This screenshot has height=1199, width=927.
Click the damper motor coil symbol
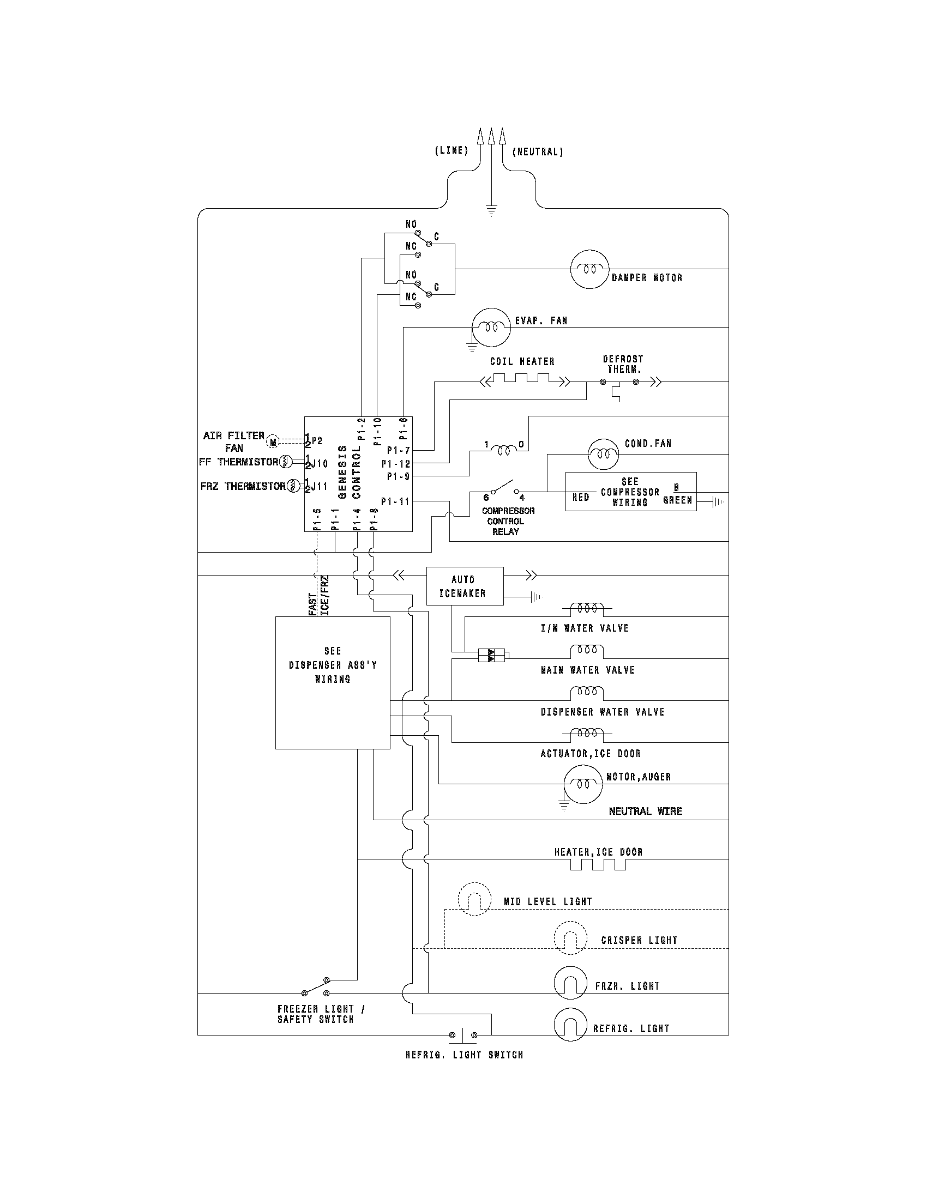590,269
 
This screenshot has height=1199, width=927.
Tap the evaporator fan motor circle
491,327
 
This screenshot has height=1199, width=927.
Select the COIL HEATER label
522,362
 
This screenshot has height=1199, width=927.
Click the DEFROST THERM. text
623,364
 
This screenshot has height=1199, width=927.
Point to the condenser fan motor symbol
606,454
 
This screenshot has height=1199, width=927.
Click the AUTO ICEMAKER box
465,586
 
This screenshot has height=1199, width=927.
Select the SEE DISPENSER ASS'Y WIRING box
332,682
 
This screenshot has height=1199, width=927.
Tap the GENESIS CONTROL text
350,472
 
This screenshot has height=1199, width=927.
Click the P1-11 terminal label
395,501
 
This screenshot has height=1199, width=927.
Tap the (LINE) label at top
452,150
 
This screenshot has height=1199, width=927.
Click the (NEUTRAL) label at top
538,152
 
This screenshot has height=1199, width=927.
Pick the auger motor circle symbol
583,784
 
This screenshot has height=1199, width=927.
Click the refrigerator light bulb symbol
570,1024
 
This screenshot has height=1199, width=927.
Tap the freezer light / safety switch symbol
315,986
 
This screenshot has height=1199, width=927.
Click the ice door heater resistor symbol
598,865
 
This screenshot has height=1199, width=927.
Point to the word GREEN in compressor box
677,500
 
